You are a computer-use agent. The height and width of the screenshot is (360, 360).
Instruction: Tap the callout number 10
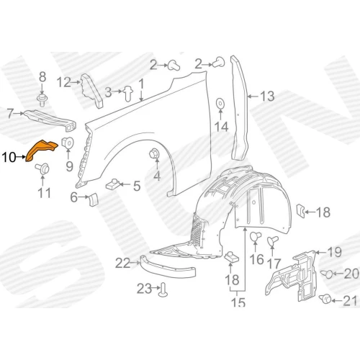(9, 158)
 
